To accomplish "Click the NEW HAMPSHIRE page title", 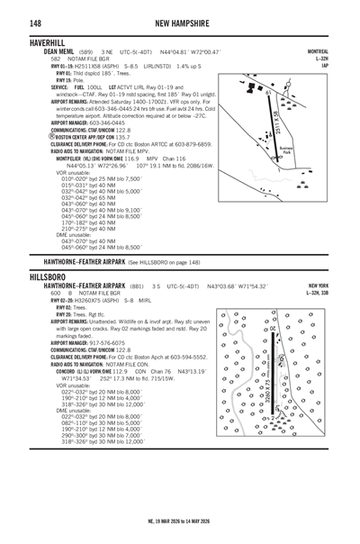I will (x=182, y=22).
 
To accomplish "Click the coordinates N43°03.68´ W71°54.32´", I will (x=238, y=286).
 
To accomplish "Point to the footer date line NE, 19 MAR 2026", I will (x=180, y=532).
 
